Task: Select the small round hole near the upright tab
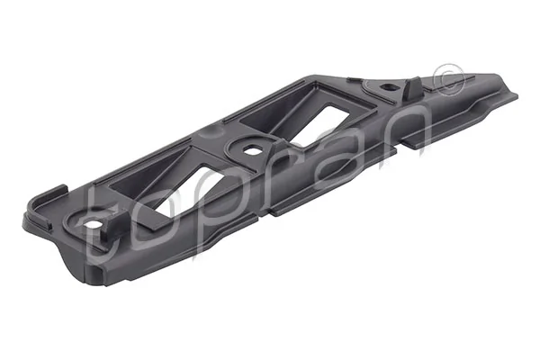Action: point(387,88)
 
